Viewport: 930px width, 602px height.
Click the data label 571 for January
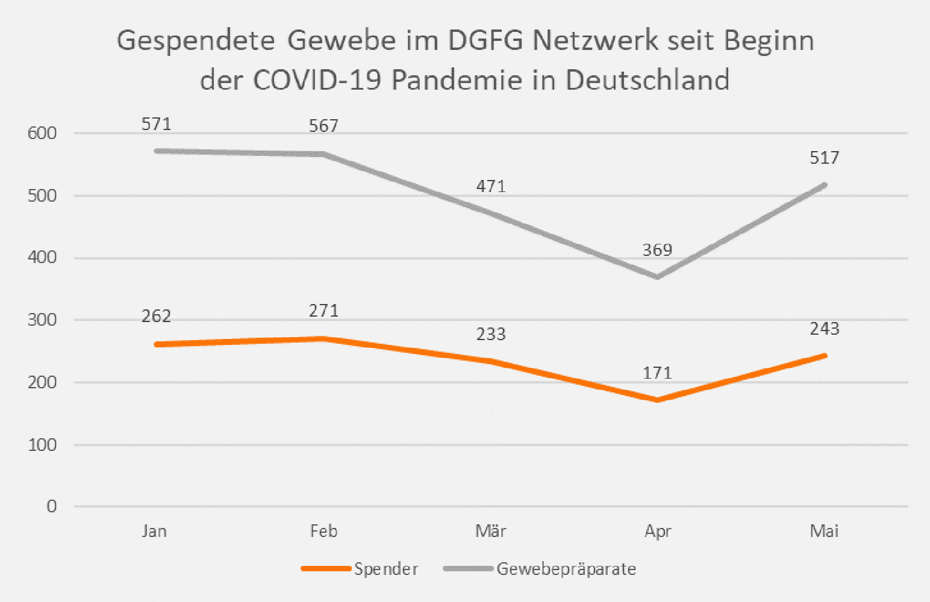[156, 124]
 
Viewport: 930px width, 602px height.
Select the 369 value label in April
[657, 250]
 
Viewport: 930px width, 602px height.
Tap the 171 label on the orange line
[657, 373]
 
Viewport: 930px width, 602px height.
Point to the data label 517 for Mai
[825, 158]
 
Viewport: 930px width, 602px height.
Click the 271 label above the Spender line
[323, 311]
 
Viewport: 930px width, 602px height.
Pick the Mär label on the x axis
[491, 531]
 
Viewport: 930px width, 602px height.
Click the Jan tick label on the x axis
[154, 531]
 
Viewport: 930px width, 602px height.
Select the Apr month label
[658, 532]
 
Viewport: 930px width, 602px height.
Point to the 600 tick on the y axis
[42, 133]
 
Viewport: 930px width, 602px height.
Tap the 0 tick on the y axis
[52, 506]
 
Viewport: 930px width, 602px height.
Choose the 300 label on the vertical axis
[42, 320]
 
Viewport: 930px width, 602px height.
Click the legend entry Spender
[386, 569]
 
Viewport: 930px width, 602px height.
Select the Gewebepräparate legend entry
[566, 569]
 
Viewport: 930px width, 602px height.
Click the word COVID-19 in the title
[317, 79]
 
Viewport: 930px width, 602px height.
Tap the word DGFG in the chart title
[485, 41]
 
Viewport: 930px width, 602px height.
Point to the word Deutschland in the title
[648, 79]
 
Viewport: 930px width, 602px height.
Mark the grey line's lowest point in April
[657, 277]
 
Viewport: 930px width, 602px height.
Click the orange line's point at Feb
[323, 338]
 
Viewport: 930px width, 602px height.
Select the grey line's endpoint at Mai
[824, 185]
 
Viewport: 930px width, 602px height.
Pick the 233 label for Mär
[491, 334]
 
